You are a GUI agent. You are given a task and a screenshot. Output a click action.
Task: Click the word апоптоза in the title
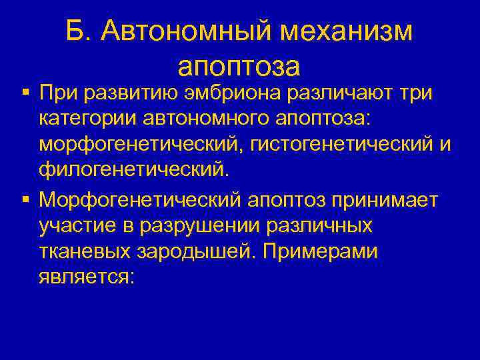240,67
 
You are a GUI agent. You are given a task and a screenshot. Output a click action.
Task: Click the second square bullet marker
25,199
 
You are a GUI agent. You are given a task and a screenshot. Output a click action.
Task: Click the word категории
85,121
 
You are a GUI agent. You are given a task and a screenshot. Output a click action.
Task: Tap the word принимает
381,199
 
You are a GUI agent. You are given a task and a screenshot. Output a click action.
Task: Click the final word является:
87,276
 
